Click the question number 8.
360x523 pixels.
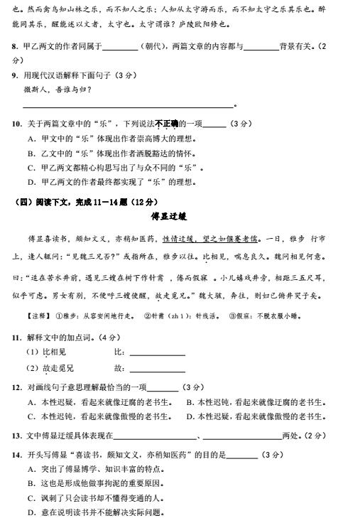[16, 47]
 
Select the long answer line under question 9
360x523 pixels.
[128, 106]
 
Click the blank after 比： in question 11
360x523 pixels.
[157, 353]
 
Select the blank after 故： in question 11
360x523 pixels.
[157, 370]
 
